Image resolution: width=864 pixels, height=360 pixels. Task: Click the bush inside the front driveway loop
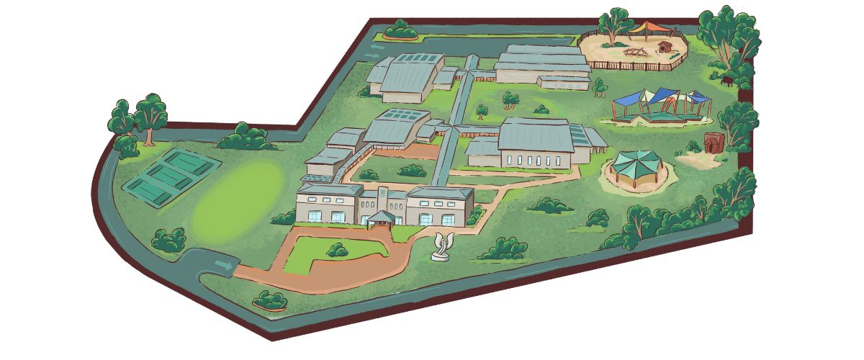click(x=336, y=250)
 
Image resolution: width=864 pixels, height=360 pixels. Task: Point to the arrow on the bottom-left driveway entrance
click(x=224, y=266)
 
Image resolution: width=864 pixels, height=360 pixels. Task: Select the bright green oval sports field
click(x=238, y=194)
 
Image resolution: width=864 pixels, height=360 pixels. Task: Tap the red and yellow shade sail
click(x=652, y=29)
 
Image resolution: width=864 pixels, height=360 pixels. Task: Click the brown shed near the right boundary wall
click(x=713, y=142)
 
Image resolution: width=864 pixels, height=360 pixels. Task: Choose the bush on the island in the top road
click(x=400, y=30)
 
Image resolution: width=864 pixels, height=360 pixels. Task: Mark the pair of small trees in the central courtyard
click(x=510, y=99)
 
